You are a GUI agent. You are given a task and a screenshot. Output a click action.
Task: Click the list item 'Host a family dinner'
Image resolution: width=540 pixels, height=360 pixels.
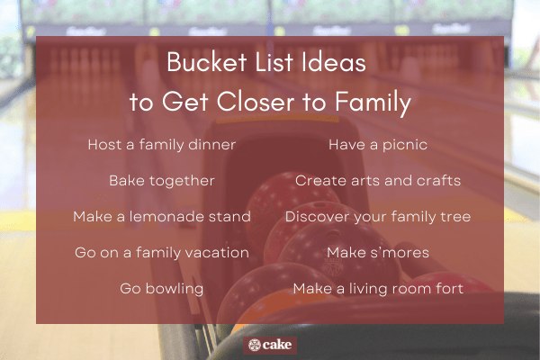coord(162,144)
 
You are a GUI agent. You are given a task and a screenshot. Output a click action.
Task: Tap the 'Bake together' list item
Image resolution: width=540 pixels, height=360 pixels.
coord(162,180)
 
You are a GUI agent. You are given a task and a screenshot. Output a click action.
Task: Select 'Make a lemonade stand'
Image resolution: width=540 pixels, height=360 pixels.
coord(162,217)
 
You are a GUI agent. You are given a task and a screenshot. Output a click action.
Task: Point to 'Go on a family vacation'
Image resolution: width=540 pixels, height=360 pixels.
coord(162,253)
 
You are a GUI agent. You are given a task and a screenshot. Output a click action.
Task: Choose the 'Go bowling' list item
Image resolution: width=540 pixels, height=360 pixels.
coord(162,289)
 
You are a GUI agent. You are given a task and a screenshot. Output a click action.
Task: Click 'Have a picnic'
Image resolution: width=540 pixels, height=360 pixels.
coord(378,144)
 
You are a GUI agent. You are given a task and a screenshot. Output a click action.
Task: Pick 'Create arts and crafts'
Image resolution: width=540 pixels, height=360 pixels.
coord(378,180)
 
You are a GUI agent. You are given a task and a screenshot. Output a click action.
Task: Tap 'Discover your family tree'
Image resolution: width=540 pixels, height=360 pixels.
coord(378,217)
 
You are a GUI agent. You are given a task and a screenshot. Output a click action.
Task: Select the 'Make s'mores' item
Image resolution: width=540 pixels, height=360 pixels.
coord(378,253)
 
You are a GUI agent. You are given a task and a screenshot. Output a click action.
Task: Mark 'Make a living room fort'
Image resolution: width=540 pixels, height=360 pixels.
coord(378,289)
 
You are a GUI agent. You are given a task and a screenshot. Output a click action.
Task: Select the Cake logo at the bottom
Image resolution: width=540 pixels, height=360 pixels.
coord(270,346)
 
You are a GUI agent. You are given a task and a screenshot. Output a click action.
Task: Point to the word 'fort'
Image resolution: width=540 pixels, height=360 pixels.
coord(448,289)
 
